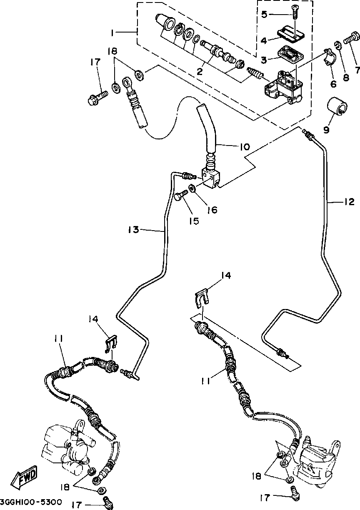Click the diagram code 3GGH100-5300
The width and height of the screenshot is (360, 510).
click(31, 502)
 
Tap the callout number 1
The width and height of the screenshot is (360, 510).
click(112, 33)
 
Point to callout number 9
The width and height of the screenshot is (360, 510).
click(326, 130)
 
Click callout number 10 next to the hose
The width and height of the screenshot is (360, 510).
click(244, 147)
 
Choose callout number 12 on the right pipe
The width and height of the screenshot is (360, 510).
click(349, 202)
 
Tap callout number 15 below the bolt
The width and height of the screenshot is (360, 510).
click(194, 221)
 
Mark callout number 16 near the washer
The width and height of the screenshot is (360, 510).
click(212, 210)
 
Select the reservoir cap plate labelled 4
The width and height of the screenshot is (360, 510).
click(291, 34)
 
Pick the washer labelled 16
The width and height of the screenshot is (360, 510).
click(192, 189)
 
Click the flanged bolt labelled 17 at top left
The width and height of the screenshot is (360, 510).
click(97, 98)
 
